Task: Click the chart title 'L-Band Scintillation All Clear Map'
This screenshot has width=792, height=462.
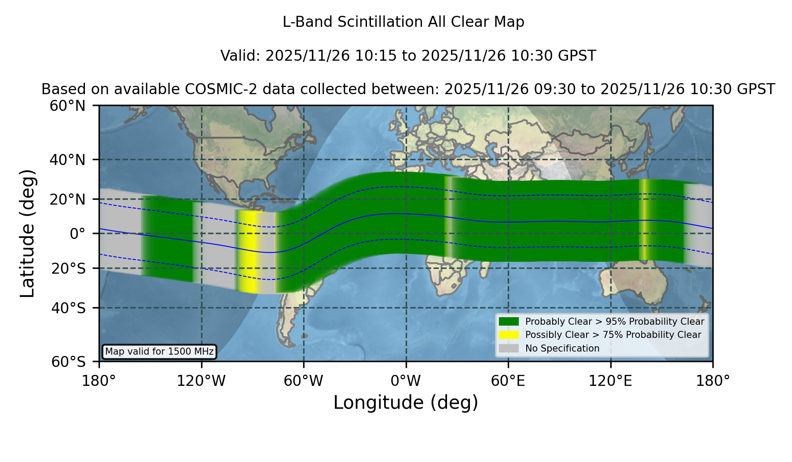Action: [x=403, y=22]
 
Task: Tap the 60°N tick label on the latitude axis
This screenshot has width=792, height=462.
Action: [x=68, y=106]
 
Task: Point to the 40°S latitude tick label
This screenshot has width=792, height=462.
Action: [x=69, y=308]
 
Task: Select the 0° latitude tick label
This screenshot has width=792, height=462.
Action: [x=77, y=234]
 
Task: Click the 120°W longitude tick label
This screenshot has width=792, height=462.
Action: [x=201, y=381]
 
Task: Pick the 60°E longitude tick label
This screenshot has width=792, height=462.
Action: [x=508, y=381]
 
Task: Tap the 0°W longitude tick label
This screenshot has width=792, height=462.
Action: [x=406, y=381]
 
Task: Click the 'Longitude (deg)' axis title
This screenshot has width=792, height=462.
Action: [x=406, y=403]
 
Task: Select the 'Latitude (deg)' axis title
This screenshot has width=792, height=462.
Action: [x=27, y=233]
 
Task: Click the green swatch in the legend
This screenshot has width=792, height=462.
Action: [x=509, y=321]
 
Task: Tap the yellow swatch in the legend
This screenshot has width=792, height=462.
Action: [x=509, y=335]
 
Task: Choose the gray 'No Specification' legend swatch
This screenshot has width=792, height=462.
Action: [x=509, y=348]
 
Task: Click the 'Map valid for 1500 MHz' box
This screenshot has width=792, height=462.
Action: [x=159, y=352]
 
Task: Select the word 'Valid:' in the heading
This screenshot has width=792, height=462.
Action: [x=241, y=56]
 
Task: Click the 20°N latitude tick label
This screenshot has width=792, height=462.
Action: [x=68, y=199]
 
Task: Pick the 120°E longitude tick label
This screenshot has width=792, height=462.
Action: [x=611, y=381]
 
